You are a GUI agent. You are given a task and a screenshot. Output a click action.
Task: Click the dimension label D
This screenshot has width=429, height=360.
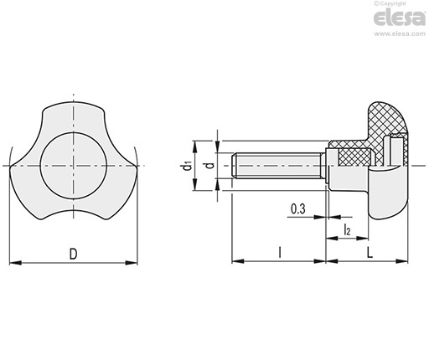pyautogui.click(x=73, y=254)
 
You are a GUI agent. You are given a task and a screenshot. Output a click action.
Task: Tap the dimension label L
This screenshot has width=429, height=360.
pyautogui.click(x=370, y=253)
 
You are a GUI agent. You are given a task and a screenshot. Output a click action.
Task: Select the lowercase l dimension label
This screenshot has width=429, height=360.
pyautogui.click(x=280, y=253)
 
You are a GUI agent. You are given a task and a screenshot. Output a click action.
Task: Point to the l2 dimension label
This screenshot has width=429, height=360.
pyautogui.click(x=347, y=229)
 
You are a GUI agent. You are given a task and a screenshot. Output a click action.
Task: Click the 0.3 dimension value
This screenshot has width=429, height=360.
pyautogui.click(x=298, y=208)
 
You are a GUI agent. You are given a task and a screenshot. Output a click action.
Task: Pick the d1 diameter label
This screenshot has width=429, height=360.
pyautogui.click(x=186, y=166)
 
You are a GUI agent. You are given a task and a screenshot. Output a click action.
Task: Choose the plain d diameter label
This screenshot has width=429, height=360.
pyautogui.click(x=210, y=165)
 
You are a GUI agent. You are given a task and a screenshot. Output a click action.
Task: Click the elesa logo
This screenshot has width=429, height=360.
pyautogui.click(x=400, y=18)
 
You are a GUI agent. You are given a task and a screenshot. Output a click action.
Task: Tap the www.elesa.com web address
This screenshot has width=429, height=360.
pyautogui.click(x=400, y=33)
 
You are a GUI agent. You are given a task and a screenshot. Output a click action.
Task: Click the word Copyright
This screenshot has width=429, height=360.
pyautogui.click(x=392, y=3)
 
